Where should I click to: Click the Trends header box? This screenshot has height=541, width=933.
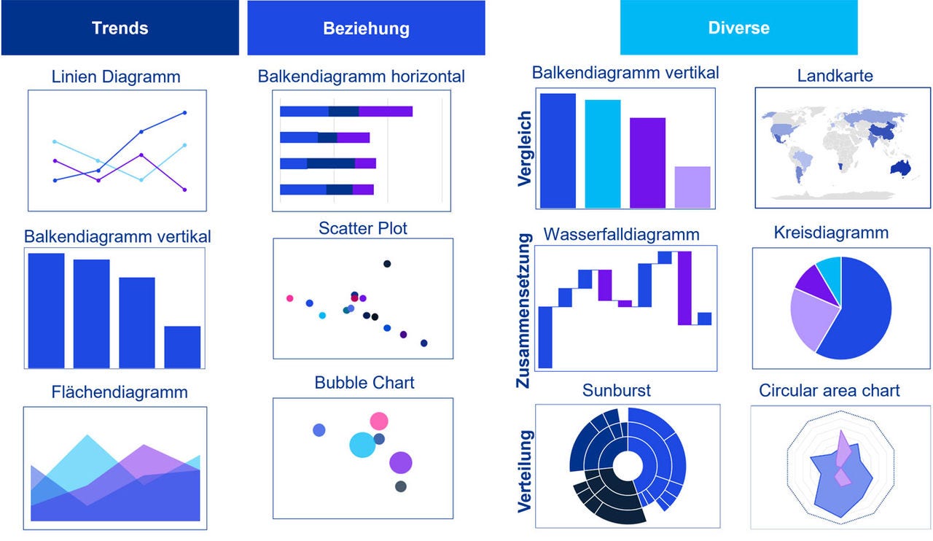120,28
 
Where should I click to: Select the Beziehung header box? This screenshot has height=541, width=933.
366,28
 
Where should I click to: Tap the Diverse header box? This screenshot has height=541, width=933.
738,28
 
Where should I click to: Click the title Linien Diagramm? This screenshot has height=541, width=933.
116,76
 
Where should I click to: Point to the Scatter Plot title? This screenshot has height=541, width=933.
362,228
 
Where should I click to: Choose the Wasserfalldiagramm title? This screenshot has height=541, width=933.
621,235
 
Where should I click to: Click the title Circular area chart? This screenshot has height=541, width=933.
829,391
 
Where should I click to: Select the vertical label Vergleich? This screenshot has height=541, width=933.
524,149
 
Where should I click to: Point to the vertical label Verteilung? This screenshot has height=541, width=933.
524,470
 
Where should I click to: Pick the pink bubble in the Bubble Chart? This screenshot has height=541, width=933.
378,421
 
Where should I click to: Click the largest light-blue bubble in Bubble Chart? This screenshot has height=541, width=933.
362,444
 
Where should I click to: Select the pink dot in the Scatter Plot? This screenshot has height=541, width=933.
290,298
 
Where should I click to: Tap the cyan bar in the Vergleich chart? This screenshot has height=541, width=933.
602,154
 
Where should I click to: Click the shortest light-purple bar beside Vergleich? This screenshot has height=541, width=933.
692,187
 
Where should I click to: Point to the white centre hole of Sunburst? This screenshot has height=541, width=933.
627,465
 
